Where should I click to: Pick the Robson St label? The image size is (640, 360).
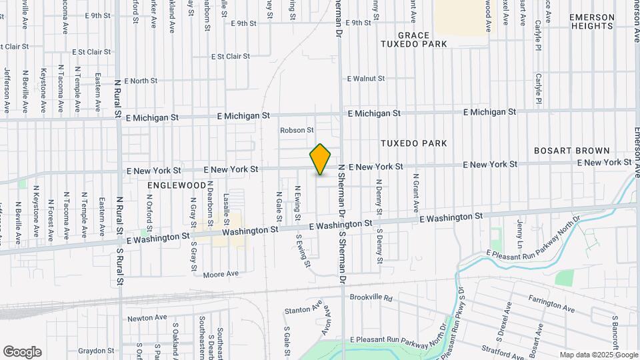point(297,130)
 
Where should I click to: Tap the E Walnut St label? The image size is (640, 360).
point(366,79)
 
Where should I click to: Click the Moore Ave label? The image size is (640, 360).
point(221,274)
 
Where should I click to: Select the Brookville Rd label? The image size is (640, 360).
point(371,297)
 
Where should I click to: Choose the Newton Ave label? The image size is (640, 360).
point(145,319)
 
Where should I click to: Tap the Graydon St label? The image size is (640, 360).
point(96,351)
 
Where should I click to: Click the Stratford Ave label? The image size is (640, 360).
point(503,351)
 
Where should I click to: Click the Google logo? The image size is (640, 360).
point(22,352)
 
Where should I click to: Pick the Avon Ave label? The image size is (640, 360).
point(327,320)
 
